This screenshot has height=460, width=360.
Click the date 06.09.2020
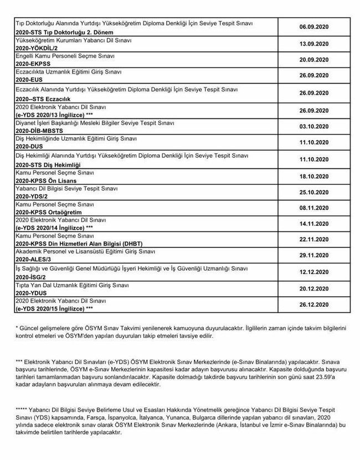[x=313, y=27]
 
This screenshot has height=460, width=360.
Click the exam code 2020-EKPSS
[x=33, y=64]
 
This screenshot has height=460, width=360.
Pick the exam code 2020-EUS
[x=29, y=79]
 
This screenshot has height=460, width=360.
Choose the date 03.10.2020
[x=313, y=127]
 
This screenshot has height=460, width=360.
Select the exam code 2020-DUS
[x=29, y=146]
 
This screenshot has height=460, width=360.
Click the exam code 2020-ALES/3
[x=33, y=259]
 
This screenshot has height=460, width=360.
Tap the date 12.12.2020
[x=313, y=272]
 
